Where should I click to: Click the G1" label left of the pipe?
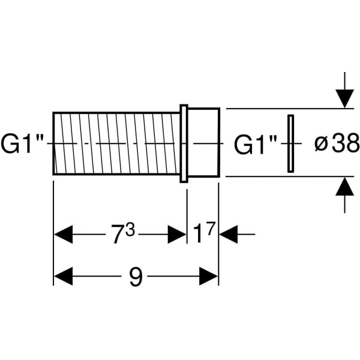(x=24, y=143)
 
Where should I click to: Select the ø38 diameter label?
(x=337, y=143)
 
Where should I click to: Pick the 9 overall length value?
(x=136, y=277)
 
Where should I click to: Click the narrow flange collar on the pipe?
(x=184, y=143)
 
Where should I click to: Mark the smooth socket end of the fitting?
(x=204, y=143)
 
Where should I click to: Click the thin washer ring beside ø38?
(x=290, y=143)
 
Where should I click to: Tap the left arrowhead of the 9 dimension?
(x=63, y=277)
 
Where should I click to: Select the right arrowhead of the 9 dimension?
(x=208, y=277)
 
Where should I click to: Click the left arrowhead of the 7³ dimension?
(x=63, y=234)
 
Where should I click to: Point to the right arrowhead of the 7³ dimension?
(x=177, y=234)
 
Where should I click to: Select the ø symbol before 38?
(x=320, y=145)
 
